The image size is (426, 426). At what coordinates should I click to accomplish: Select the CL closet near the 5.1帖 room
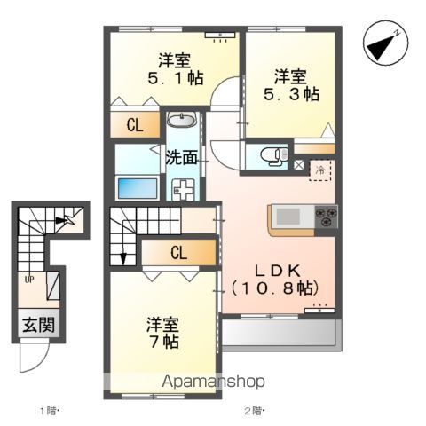coord(135,125)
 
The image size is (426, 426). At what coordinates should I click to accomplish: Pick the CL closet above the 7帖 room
coord(178,253)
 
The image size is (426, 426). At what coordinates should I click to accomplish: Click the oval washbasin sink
coord(184,121)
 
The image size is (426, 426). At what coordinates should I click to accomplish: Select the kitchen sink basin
coord(289,216)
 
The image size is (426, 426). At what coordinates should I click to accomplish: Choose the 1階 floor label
coord(48,410)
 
